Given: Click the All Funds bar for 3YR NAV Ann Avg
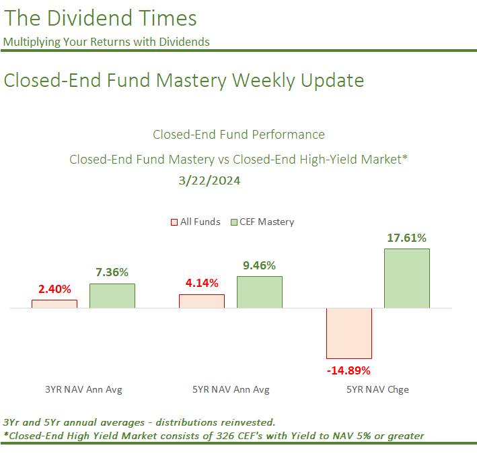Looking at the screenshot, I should (x=54, y=304).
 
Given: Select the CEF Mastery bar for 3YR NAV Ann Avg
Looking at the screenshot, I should (x=112, y=296).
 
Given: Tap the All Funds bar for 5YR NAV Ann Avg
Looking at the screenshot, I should (x=202, y=301).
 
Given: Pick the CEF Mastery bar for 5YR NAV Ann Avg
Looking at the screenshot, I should (x=260, y=292).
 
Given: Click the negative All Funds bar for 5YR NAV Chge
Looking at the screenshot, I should (x=348, y=333).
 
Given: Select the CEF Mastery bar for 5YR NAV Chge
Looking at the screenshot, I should (x=407, y=278).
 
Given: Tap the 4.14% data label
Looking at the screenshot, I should (x=202, y=282).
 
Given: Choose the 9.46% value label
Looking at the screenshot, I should (x=260, y=265).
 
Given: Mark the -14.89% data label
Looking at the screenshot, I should (x=348, y=370).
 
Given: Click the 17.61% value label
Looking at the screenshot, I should (x=407, y=237).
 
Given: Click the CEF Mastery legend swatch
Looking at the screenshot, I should (x=235, y=222).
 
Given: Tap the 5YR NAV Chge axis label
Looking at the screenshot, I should (x=377, y=389).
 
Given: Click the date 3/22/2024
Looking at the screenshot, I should (x=209, y=181).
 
